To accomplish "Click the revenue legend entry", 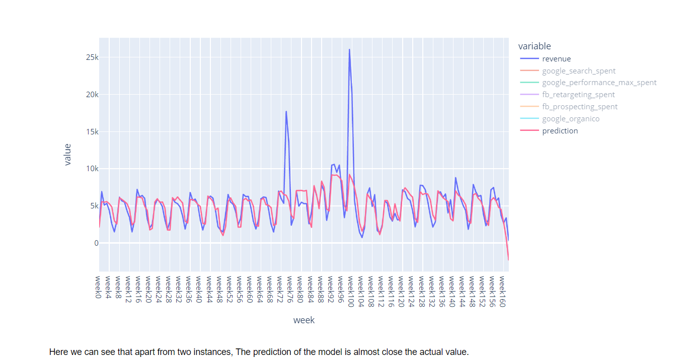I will pos(556,59).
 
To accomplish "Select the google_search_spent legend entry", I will pos(578,71).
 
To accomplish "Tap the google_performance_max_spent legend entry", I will pos(599,83).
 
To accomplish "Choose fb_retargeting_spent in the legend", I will pos(578,95).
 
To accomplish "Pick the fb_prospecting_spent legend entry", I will pos(579,107).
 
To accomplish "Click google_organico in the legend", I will pos(570,119).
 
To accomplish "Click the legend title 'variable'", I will pos(535,46).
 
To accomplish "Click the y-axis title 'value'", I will pos(67,155).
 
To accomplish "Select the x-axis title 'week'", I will pos(304,320).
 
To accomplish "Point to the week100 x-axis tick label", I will pos(349,289).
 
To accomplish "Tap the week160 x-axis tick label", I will pos(501,289).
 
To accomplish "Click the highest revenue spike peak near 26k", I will pos(349,49).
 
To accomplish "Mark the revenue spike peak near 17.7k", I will pos(286,111).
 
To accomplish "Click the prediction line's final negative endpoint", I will pos(508,260).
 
